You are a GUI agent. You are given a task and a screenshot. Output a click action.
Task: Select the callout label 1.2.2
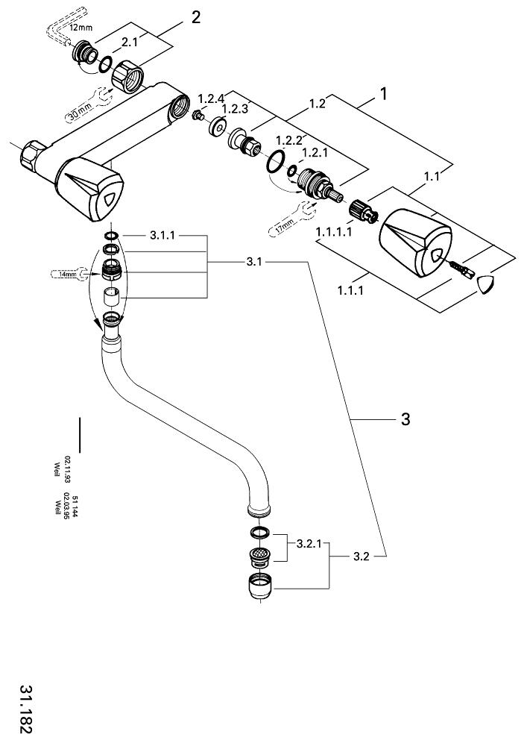(290, 140)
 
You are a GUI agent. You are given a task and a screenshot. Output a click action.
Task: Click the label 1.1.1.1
(332, 233)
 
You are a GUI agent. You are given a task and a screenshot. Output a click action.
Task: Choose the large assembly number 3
(405, 420)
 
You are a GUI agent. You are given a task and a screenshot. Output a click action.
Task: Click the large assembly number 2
(196, 18)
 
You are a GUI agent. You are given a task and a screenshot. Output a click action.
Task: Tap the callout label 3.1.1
(163, 235)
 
